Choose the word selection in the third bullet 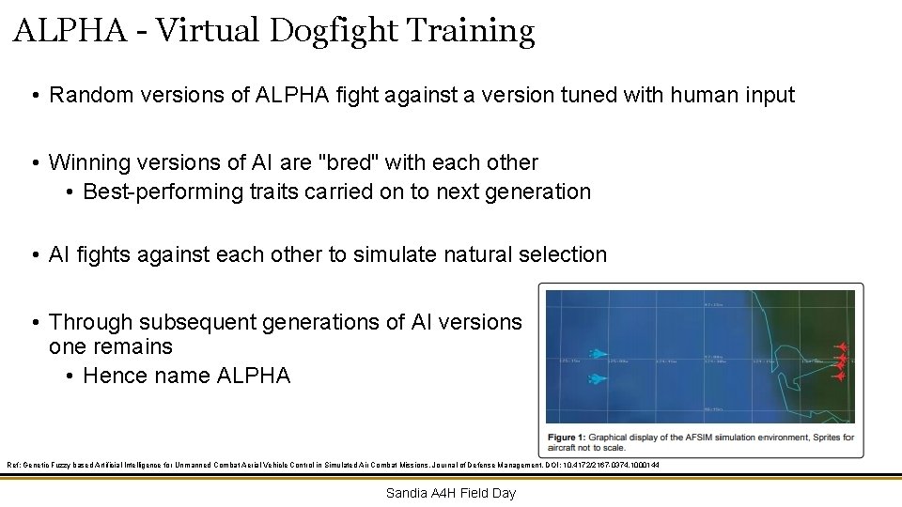(x=559, y=254)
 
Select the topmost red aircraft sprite (x=842, y=346)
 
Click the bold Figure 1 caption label (x=576, y=438)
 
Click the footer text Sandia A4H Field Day (x=451, y=493)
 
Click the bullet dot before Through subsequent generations (x=34, y=323)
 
